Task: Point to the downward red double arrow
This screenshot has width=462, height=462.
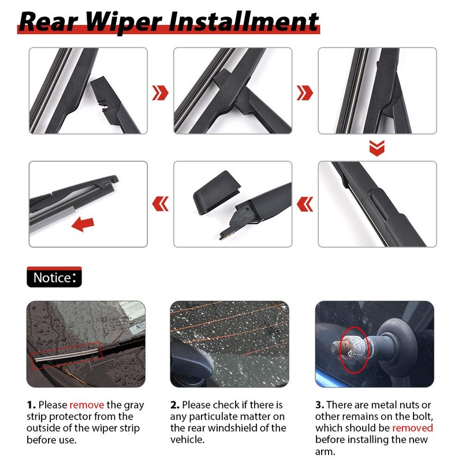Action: click(x=377, y=149)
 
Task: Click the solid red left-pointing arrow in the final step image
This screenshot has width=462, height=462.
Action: click(x=83, y=223)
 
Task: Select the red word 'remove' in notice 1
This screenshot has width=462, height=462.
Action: click(x=87, y=405)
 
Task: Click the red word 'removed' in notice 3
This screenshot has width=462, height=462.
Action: click(x=412, y=428)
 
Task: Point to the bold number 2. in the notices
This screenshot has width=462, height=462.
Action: click(x=175, y=405)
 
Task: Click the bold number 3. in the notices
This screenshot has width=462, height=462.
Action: click(x=320, y=405)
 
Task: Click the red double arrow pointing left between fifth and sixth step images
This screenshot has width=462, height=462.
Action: click(x=305, y=203)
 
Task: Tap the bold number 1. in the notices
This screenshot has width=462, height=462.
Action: click(x=31, y=405)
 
